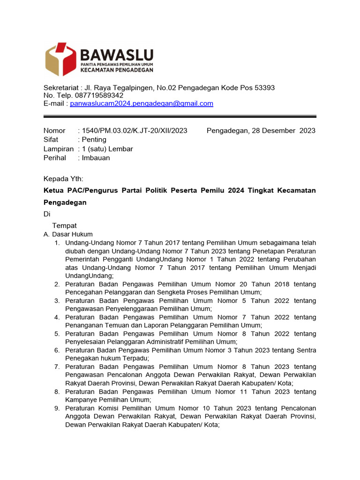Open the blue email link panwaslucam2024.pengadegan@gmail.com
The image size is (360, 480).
142,104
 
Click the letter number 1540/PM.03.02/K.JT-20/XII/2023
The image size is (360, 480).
135,130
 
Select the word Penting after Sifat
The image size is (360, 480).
94,140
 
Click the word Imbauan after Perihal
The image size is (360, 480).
96,158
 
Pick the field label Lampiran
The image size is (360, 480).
59,149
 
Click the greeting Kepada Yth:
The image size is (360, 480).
63,179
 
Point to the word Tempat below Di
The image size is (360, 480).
64,225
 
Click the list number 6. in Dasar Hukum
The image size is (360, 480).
56,350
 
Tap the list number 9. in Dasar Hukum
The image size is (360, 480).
56,408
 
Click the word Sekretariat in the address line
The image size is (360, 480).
61,88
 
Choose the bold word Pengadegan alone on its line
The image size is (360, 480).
65,202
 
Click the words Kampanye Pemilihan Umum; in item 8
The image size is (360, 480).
108,400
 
